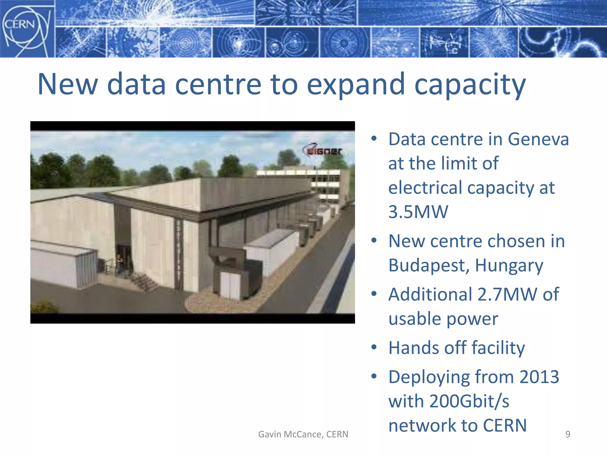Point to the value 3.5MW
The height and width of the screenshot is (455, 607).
click(x=418, y=212)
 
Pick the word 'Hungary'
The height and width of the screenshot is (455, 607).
click(x=509, y=265)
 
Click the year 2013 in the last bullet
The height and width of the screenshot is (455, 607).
click(x=539, y=377)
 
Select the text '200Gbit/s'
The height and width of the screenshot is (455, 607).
click(x=469, y=401)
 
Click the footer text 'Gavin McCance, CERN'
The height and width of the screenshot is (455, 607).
click(x=303, y=434)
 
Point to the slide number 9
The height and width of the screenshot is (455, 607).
click(x=568, y=434)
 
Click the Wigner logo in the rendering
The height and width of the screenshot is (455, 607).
click(x=322, y=150)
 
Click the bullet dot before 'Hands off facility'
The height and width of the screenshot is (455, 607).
click(x=374, y=347)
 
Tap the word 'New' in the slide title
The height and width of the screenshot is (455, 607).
click(x=68, y=85)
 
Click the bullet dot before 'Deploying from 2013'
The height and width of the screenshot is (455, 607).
click(x=374, y=377)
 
